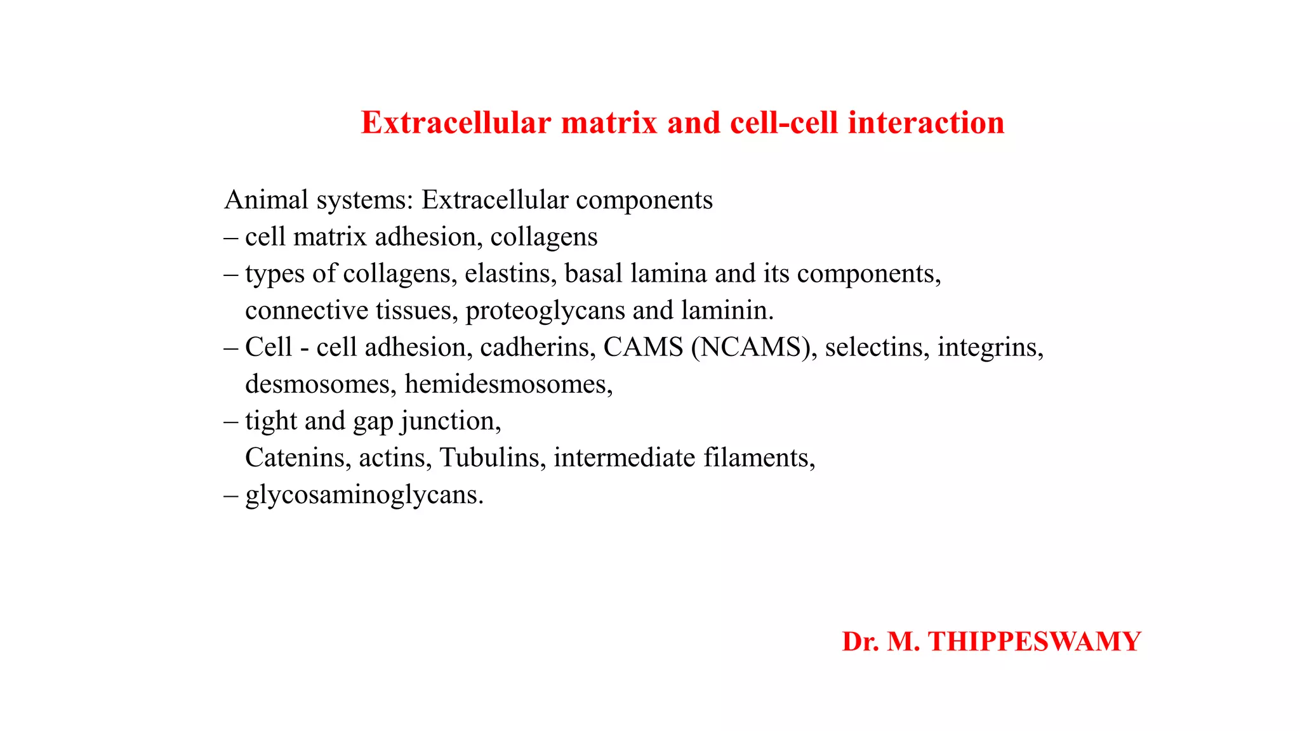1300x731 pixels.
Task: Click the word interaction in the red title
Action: [926, 123]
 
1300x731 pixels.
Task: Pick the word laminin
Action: [726, 311]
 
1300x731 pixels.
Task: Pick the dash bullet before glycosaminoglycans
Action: [231, 495]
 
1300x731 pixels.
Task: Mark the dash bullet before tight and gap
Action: [231, 421]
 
